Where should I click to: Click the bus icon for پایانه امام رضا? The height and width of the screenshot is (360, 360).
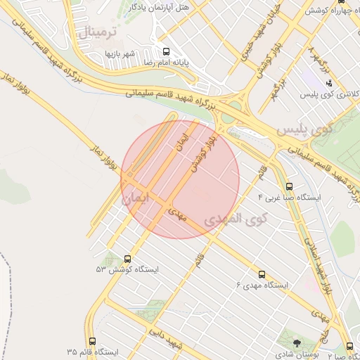pyautogui.click(x=167, y=51)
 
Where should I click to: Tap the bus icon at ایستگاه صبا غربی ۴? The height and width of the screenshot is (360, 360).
pyautogui.click(x=289, y=186)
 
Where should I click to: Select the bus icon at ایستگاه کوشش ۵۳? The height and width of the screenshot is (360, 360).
pyautogui.click(x=127, y=259)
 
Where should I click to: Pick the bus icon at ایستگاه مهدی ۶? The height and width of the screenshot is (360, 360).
pyautogui.click(x=262, y=274)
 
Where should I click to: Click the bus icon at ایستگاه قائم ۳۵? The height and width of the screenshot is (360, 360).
pyautogui.click(x=92, y=342)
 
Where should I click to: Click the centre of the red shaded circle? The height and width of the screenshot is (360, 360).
pyautogui.click(x=181, y=180)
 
